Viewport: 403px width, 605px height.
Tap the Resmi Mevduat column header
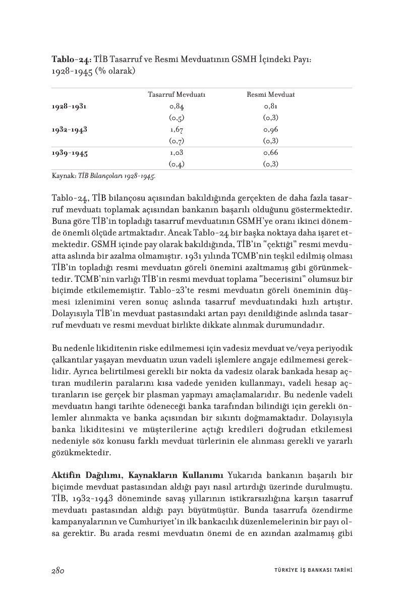pyautogui.click(x=270, y=95)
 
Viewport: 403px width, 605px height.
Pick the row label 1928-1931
pyautogui.click(x=69, y=106)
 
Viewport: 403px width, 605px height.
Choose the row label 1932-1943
pyautogui.click(x=69, y=129)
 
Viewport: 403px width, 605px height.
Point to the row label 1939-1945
pyautogui.click(x=69, y=152)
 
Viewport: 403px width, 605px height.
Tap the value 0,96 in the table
pyautogui.click(x=270, y=129)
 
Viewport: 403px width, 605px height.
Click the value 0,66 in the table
pyautogui.click(x=270, y=152)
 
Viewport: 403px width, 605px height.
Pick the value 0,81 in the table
pyautogui.click(x=270, y=106)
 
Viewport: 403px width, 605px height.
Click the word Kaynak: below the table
pyautogui.click(x=63, y=176)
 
